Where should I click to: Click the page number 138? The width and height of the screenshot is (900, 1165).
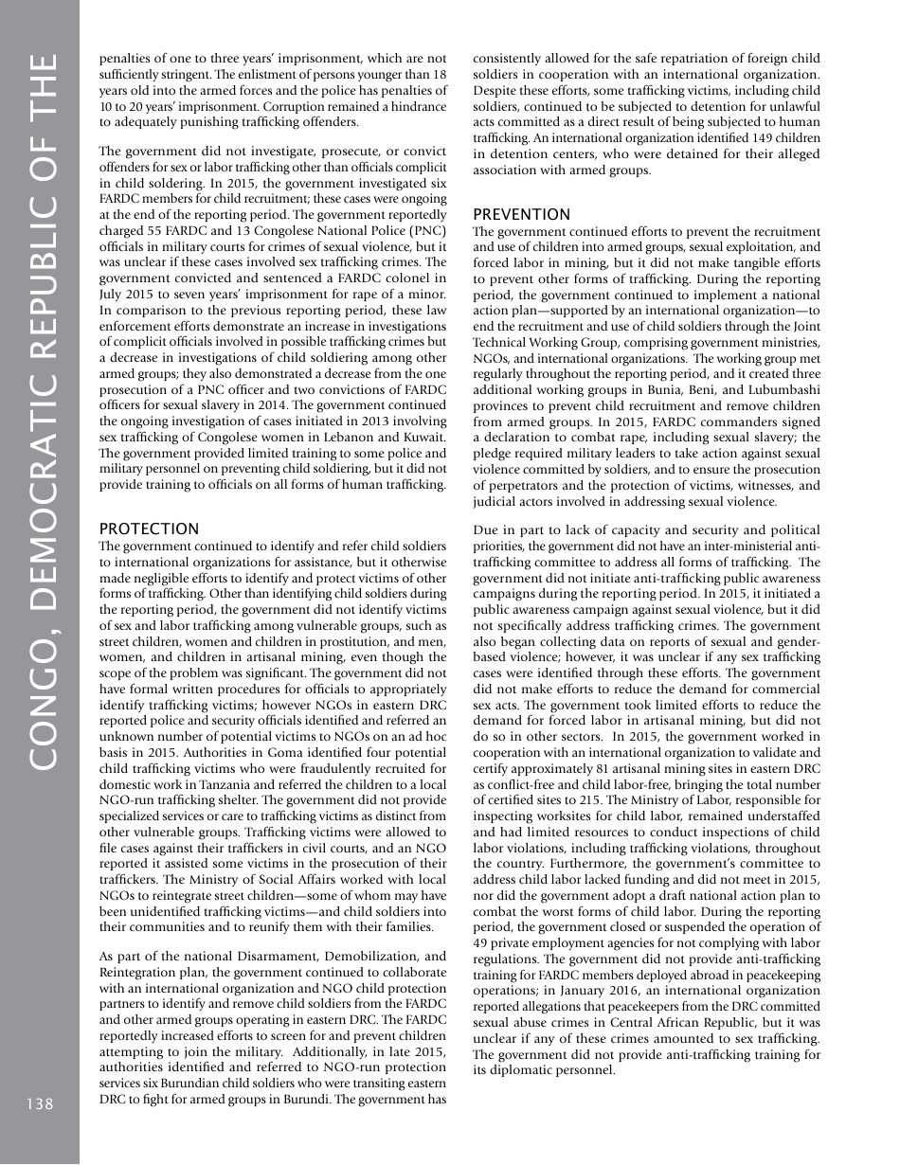[39, 1103]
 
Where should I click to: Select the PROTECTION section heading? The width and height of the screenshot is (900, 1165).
[149, 529]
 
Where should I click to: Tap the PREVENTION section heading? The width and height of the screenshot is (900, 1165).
[521, 214]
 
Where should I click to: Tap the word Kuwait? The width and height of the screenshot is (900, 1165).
[420, 437]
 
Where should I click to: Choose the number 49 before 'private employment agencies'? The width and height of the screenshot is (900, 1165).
[481, 943]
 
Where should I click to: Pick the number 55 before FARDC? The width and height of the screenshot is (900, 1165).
[155, 228]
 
